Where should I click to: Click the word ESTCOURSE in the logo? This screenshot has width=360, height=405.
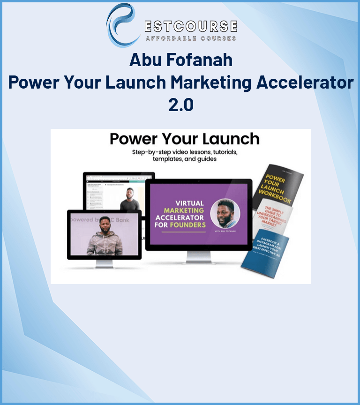coord(190,25)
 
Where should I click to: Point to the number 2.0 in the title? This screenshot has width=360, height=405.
coord(180,104)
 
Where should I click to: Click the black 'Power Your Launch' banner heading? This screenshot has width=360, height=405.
coord(184,139)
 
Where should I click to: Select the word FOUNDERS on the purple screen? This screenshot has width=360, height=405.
coord(187,225)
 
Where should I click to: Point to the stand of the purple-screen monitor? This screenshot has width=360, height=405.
coord(198,256)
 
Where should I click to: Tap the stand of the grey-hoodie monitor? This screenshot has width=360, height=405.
coord(104,263)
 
